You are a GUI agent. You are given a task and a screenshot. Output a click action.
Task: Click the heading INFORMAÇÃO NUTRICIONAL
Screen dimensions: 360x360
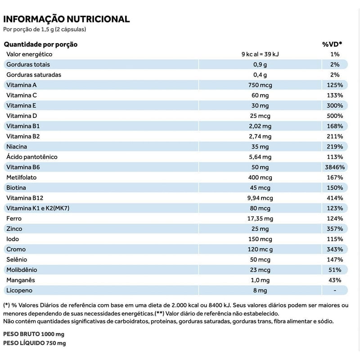[x=67, y=19]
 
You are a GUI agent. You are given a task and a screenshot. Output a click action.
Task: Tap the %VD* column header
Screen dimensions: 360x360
[x=332, y=44]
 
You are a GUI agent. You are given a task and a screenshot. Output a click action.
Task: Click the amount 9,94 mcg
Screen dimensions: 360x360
[x=261, y=198]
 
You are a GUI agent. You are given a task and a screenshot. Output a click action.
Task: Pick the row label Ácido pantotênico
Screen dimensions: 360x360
[x=32, y=157]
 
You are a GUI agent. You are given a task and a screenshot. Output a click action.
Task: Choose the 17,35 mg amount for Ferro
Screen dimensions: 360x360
[x=261, y=218]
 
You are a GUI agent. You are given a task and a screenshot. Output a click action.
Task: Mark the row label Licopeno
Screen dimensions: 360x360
[x=19, y=290]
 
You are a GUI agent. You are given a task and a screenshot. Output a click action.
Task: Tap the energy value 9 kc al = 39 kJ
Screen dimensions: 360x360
[x=261, y=54]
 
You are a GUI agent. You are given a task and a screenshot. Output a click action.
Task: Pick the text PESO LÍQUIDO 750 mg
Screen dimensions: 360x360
[x=35, y=343]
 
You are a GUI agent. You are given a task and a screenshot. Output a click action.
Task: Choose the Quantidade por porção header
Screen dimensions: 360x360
[x=41, y=44]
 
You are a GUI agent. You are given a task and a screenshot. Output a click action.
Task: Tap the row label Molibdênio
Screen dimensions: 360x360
[x=22, y=270]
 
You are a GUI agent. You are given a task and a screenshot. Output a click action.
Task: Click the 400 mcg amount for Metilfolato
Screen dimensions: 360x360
[x=261, y=177]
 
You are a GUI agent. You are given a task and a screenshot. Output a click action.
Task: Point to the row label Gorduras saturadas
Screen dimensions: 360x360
[x=34, y=75]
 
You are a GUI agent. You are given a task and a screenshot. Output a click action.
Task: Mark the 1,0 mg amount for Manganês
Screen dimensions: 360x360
[x=261, y=280]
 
